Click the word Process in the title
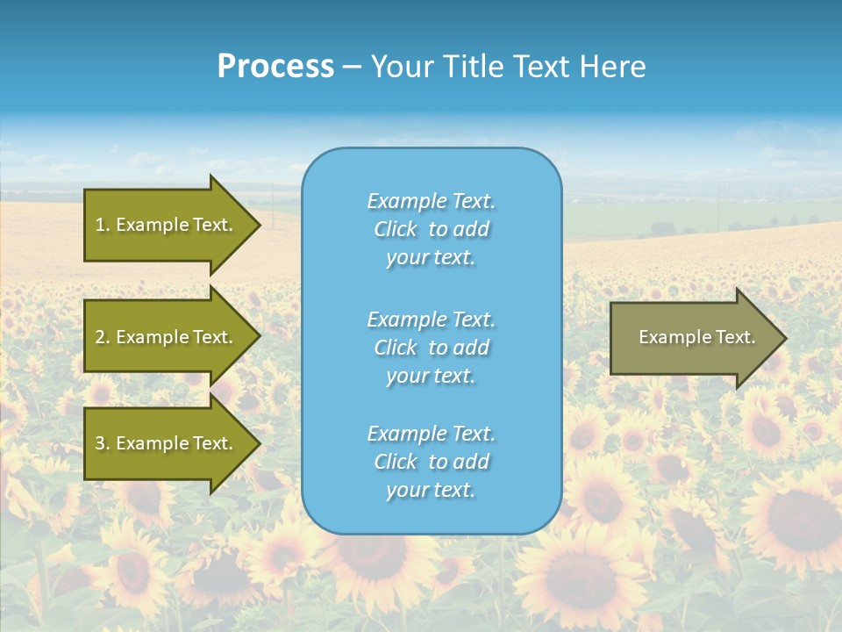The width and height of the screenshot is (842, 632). point(275,67)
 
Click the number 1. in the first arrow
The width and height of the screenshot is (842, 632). point(103,225)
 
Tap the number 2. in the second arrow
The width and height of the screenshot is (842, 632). point(103,337)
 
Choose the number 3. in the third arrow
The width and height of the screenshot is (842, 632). point(103,443)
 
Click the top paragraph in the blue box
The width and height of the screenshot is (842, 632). point(431,229)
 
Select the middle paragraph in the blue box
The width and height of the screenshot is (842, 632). point(431,348)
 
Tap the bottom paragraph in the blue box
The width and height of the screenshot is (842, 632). point(431,462)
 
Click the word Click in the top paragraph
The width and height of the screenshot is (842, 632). point(396,229)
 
